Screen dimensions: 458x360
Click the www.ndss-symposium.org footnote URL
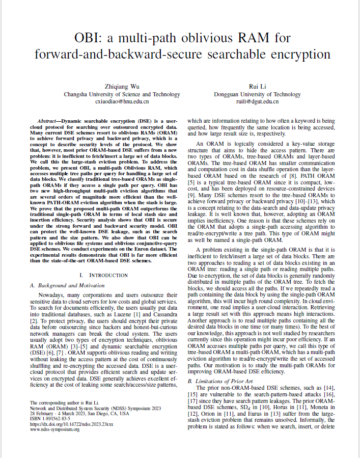(x=54, y=429)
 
